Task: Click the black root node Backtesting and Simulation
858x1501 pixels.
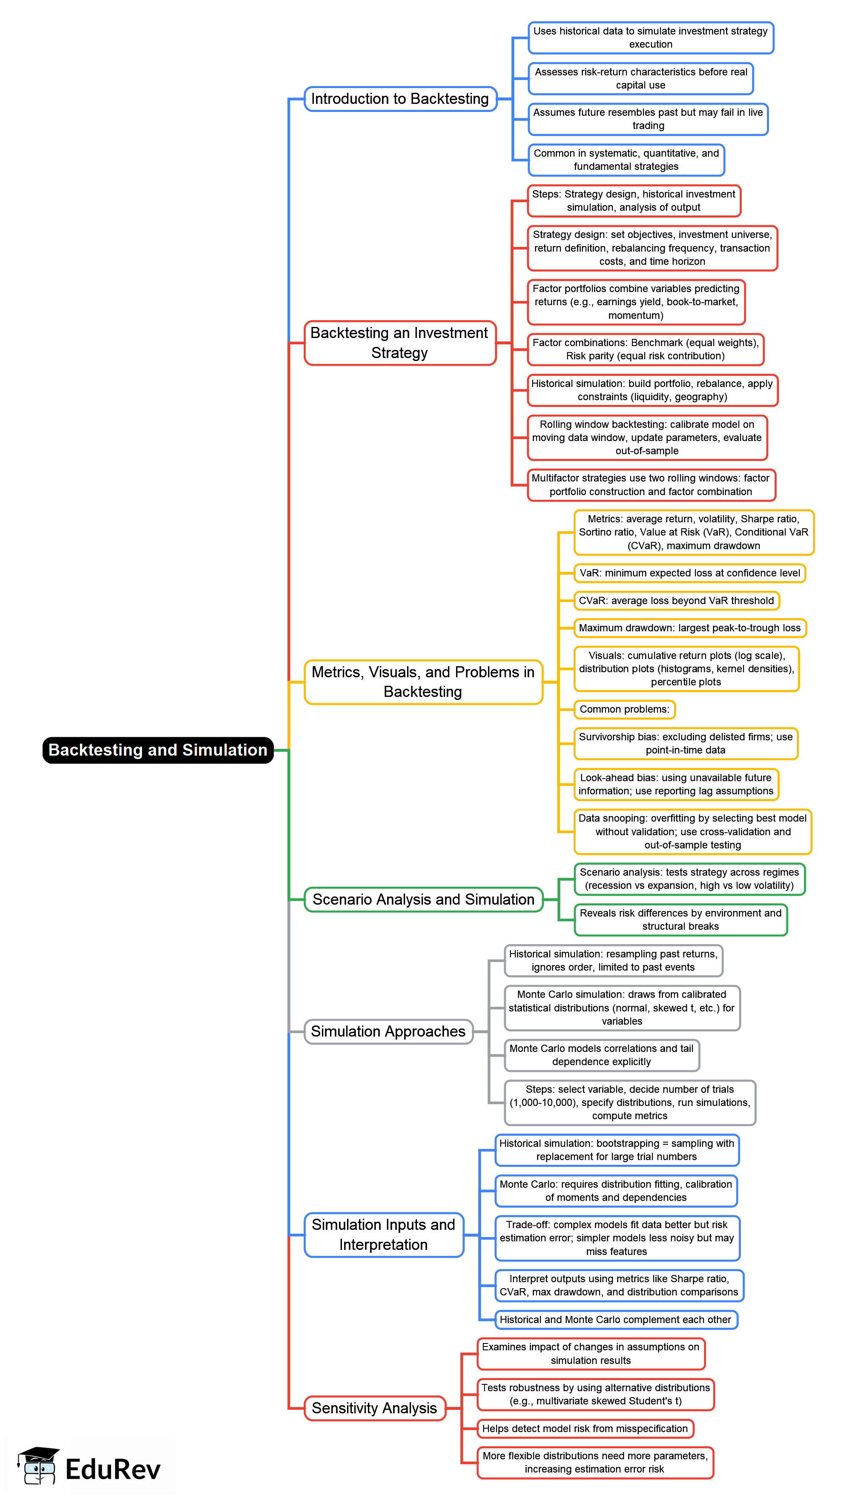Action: click(158, 750)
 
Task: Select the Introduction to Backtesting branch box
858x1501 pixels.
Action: click(400, 99)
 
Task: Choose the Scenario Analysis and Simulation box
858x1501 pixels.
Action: click(423, 899)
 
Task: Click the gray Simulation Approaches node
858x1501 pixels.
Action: click(388, 1031)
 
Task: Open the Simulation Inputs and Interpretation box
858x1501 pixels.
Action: click(384, 1235)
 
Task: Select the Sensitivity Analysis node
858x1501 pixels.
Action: click(374, 1408)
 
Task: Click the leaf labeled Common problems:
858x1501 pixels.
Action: click(624, 709)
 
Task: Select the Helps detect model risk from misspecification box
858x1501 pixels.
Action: click(585, 1429)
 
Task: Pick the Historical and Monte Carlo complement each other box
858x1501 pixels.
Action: click(615, 1320)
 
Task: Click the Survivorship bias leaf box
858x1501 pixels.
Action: click(686, 743)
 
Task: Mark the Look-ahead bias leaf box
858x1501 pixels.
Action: click(676, 784)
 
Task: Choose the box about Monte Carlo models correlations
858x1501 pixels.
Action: click(601, 1055)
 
